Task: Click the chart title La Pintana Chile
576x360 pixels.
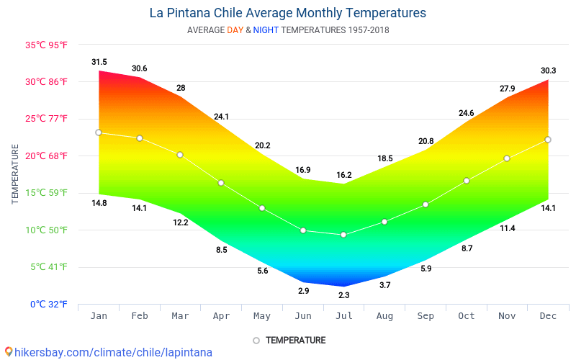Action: click(x=196, y=13)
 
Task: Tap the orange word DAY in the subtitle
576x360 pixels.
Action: click(x=235, y=30)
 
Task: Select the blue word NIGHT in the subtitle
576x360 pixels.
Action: click(x=266, y=30)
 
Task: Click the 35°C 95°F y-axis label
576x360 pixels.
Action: click(x=46, y=45)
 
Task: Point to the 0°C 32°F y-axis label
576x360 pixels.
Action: click(x=49, y=304)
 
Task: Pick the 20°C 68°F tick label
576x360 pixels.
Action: click(x=46, y=156)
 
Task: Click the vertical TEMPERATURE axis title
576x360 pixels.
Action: click(x=14, y=174)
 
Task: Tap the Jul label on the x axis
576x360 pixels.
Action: click(x=344, y=316)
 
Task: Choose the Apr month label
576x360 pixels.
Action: click(x=221, y=316)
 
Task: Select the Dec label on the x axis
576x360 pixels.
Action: click(x=548, y=316)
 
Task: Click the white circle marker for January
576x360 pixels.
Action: click(x=99, y=132)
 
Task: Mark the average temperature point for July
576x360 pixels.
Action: click(x=343, y=235)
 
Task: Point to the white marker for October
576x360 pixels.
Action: click(x=467, y=181)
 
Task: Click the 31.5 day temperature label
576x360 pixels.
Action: click(x=99, y=62)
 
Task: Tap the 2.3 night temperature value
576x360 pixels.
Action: click(x=344, y=295)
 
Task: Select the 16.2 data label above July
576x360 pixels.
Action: click(x=344, y=175)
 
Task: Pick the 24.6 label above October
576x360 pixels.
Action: click(x=466, y=113)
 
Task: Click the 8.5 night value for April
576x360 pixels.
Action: click(x=222, y=250)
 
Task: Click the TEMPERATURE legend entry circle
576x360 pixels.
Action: click(x=256, y=341)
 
